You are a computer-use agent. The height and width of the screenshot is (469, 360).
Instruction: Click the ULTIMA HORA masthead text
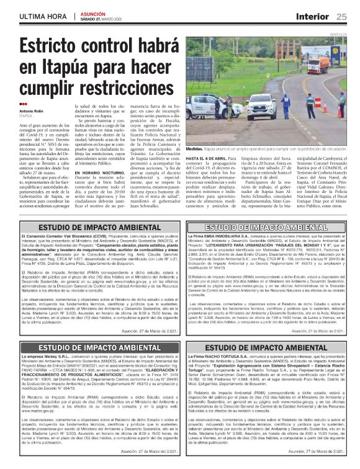[42, 16]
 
